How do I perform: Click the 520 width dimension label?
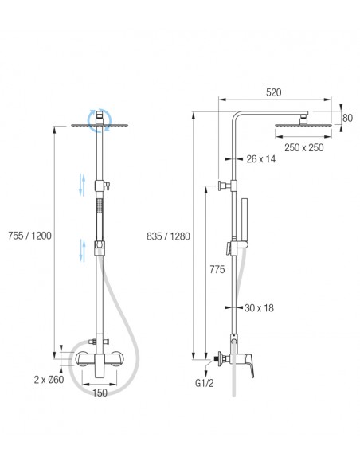273,92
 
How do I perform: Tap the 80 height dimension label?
347,118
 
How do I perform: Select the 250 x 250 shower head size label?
304,147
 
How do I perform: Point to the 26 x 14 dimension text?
260,159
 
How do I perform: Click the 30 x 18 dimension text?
259,308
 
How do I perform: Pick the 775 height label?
217,270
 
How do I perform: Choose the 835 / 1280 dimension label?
168,236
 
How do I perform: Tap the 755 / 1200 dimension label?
29,236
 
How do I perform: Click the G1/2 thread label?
204,383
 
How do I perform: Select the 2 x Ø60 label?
49,380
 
